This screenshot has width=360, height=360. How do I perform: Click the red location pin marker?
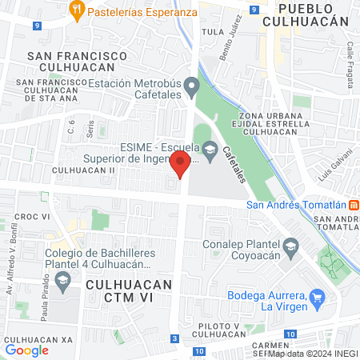point(180,166)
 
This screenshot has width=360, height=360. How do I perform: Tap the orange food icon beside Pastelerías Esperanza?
point(78,11)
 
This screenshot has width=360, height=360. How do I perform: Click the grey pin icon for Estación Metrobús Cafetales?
point(190,86)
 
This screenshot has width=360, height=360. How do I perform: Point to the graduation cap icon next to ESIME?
point(210,149)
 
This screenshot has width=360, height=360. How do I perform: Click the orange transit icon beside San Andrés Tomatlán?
point(354,203)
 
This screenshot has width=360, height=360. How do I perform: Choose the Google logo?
point(27,350)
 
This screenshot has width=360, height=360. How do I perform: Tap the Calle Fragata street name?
point(350,57)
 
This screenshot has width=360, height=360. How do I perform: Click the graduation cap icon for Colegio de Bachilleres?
point(63,282)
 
